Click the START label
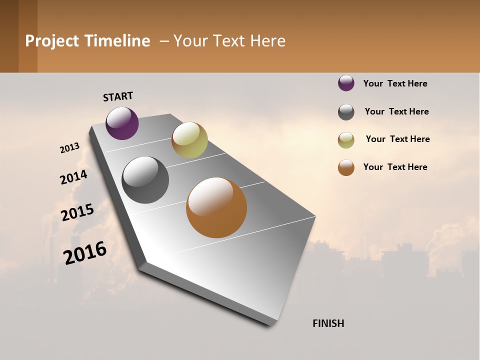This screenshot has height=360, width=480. pyautogui.click(x=118, y=96)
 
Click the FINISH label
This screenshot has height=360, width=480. pyautogui.click(x=328, y=323)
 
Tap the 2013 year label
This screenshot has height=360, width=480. pyautogui.click(x=70, y=148)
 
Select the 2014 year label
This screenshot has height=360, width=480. pyautogui.click(x=74, y=177)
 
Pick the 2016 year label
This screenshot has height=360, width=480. pyautogui.click(x=85, y=252)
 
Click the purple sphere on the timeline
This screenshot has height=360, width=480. pyautogui.click(x=122, y=123)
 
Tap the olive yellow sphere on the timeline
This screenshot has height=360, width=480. pyautogui.click(x=189, y=140)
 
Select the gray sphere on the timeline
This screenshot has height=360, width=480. pyautogui.click(x=145, y=180)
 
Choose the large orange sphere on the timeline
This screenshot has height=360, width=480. pyautogui.click(x=216, y=207)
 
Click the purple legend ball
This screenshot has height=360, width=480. pyautogui.click(x=346, y=83)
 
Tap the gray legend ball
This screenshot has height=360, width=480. pyautogui.click(x=346, y=112)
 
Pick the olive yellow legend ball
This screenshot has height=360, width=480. pyautogui.click(x=346, y=140)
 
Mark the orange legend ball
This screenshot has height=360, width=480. pyautogui.click(x=346, y=167)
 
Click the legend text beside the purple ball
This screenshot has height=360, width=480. pyautogui.click(x=395, y=83)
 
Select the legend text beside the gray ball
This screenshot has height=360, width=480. pyautogui.click(x=396, y=111)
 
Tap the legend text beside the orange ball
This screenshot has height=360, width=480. pyautogui.click(x=395, y=167)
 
